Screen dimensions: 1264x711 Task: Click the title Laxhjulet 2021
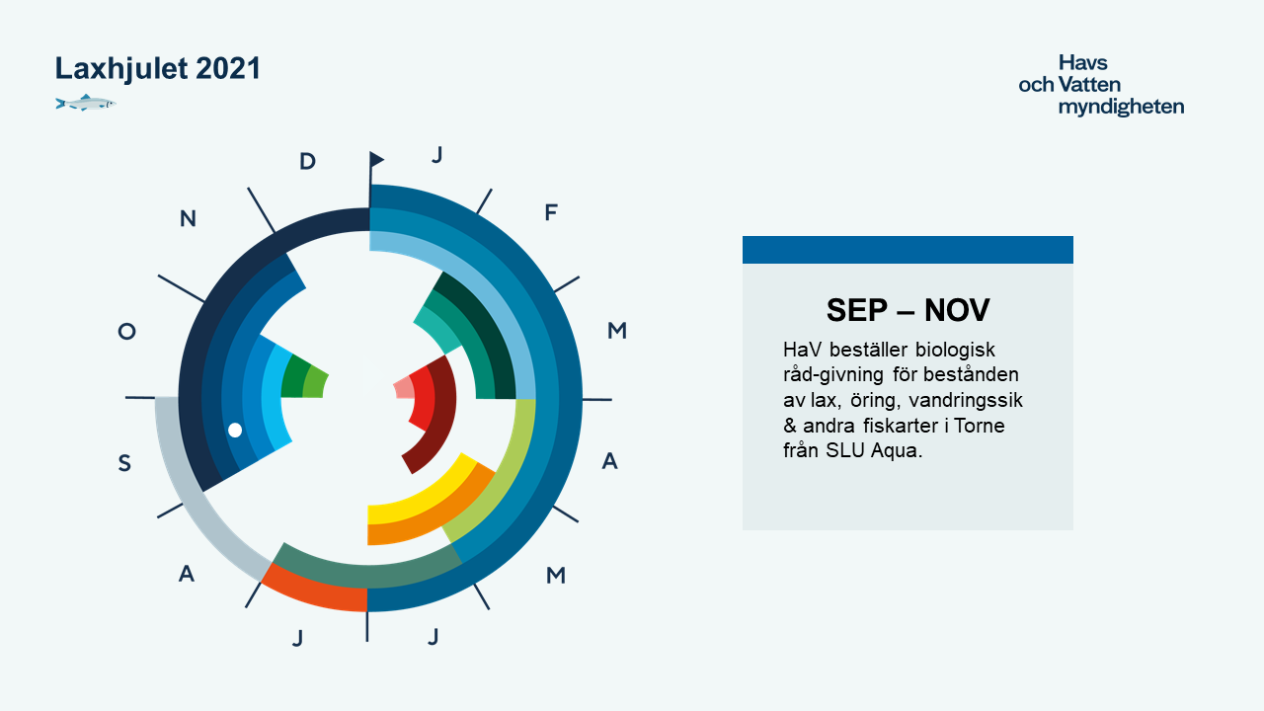157,69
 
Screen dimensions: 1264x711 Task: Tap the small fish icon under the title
86,103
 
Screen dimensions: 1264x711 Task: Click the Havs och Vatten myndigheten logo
1101,85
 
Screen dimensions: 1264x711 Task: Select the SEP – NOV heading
908,310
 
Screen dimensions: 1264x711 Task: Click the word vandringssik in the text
966,400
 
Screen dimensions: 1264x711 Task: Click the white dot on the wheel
235,430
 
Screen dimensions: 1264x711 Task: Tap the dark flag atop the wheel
376,159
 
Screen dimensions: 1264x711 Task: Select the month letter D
307,161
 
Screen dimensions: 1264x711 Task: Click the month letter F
551,212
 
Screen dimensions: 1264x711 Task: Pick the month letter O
127,331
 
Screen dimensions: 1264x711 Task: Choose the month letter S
124,463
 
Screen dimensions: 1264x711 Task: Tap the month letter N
188,218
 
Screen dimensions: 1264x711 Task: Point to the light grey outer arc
195,497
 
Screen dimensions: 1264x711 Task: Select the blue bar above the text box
908,250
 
